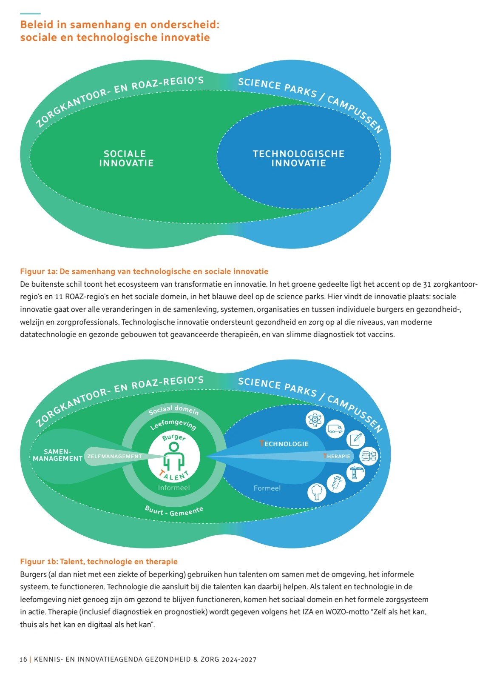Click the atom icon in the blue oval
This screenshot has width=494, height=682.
pos(315,420)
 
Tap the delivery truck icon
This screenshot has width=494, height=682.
pos(335,429)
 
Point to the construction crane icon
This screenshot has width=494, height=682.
pos(355,473)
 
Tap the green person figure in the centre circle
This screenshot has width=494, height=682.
pos(174,457)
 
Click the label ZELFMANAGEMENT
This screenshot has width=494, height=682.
pos(114,457)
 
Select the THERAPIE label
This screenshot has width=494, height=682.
pos(336,456)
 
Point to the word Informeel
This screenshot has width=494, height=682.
pos(174,488)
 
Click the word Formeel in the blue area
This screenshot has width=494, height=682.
pos(267,488)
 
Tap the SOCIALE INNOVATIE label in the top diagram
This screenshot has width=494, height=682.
pos(126,158)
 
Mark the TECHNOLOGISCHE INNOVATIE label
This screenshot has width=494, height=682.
pos(298,158)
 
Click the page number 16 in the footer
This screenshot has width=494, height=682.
pos(23,659)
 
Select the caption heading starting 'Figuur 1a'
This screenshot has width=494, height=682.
pos(144,271)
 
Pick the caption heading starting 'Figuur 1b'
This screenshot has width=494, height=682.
pos(99,562)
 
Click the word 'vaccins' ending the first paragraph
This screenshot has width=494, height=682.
pos(381,334)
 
